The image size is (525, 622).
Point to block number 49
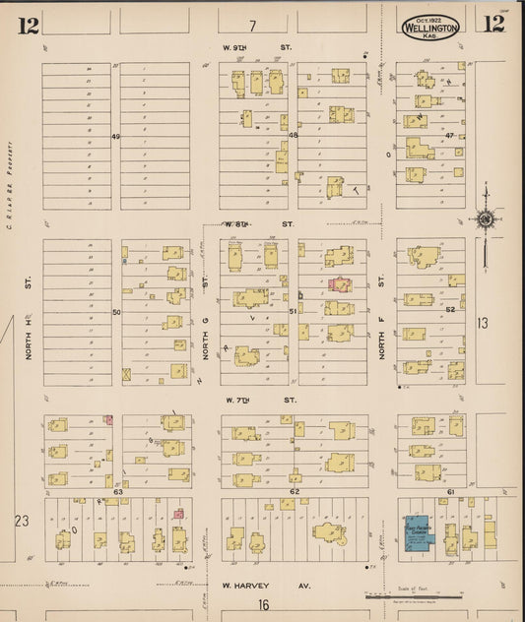pos(115,136)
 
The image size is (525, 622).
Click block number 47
pos(449,135)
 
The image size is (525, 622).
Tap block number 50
pos(115,312)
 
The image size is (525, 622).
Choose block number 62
pos(294,490)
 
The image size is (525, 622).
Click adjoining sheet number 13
pos(482,322)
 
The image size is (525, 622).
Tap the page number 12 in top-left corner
pos(27,26)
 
